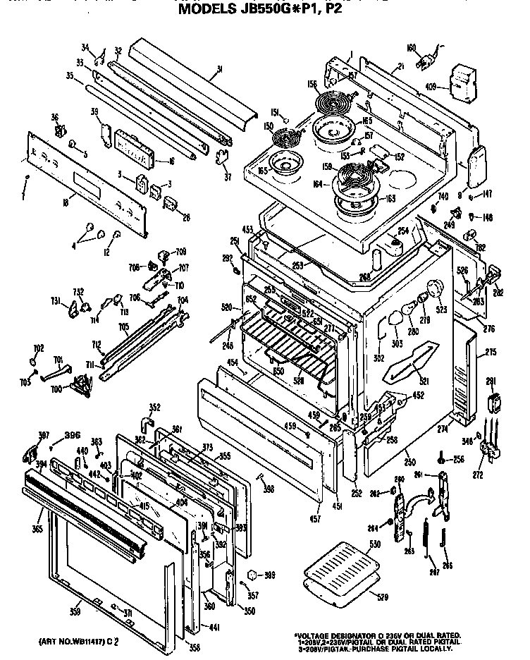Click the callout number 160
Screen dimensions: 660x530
click(411, 48)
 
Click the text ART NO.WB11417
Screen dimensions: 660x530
click(66, 642)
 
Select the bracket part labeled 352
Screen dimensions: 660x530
click(146, 422)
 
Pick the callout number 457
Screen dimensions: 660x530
click(314, 519)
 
